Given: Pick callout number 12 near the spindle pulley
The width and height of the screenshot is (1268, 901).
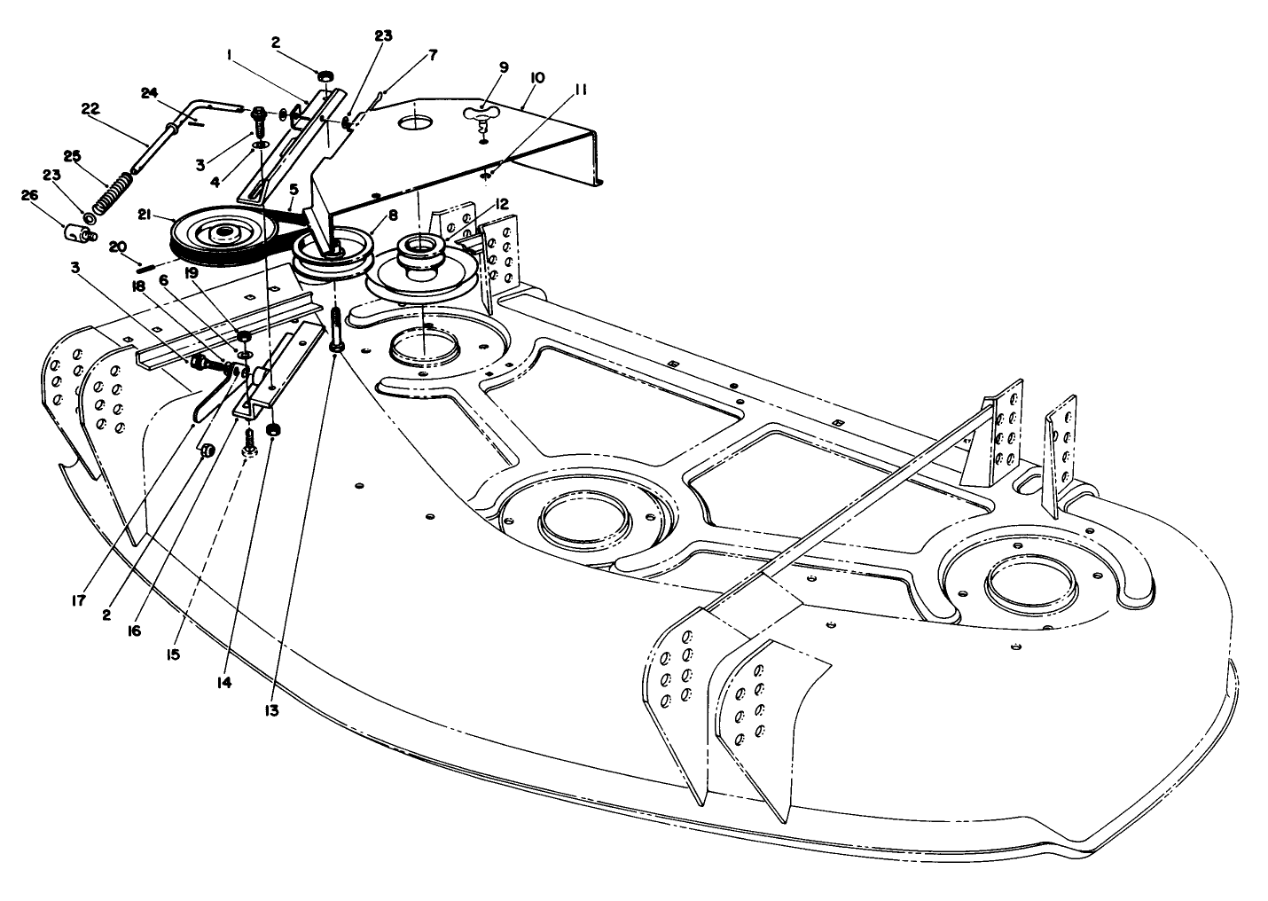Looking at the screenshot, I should point(502,204).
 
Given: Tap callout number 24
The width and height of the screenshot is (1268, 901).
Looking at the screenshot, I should point(149,91).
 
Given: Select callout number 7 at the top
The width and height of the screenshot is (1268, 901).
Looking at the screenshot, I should point(432,55).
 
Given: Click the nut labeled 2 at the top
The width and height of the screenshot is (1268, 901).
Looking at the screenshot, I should point(325,77).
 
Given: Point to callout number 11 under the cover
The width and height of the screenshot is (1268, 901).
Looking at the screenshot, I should point(581,89).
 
